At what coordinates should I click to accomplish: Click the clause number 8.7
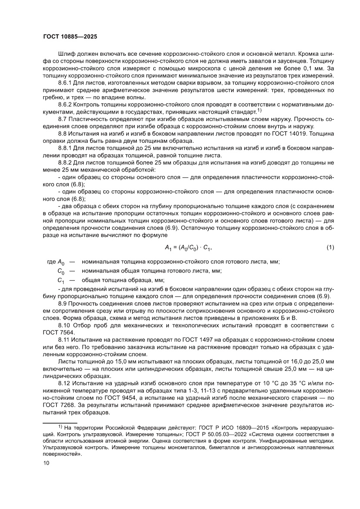63,119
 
